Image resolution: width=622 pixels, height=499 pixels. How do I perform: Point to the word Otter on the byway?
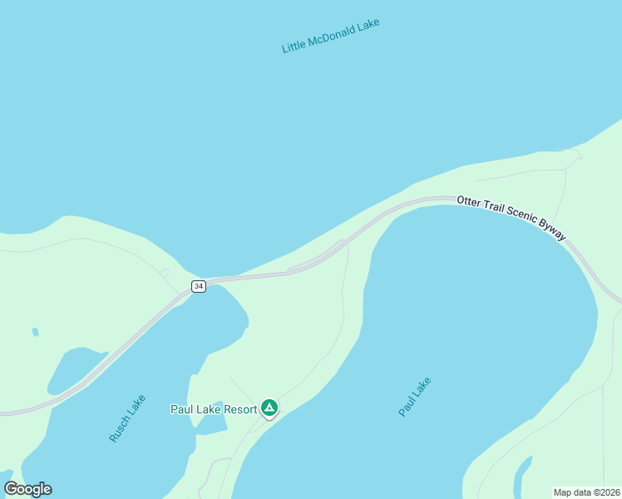[469, 203]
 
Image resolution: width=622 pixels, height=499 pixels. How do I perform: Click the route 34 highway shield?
[198, 286]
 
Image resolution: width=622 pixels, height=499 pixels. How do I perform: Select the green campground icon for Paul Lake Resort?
[269, 408]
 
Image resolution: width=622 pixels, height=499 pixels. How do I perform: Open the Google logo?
[27, 489]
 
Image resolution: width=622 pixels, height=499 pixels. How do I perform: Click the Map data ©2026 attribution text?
[587, 492]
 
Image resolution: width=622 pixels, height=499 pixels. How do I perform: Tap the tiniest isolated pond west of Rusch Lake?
[35, 332]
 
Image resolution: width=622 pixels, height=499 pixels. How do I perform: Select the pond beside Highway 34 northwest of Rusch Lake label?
[75, 368]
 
